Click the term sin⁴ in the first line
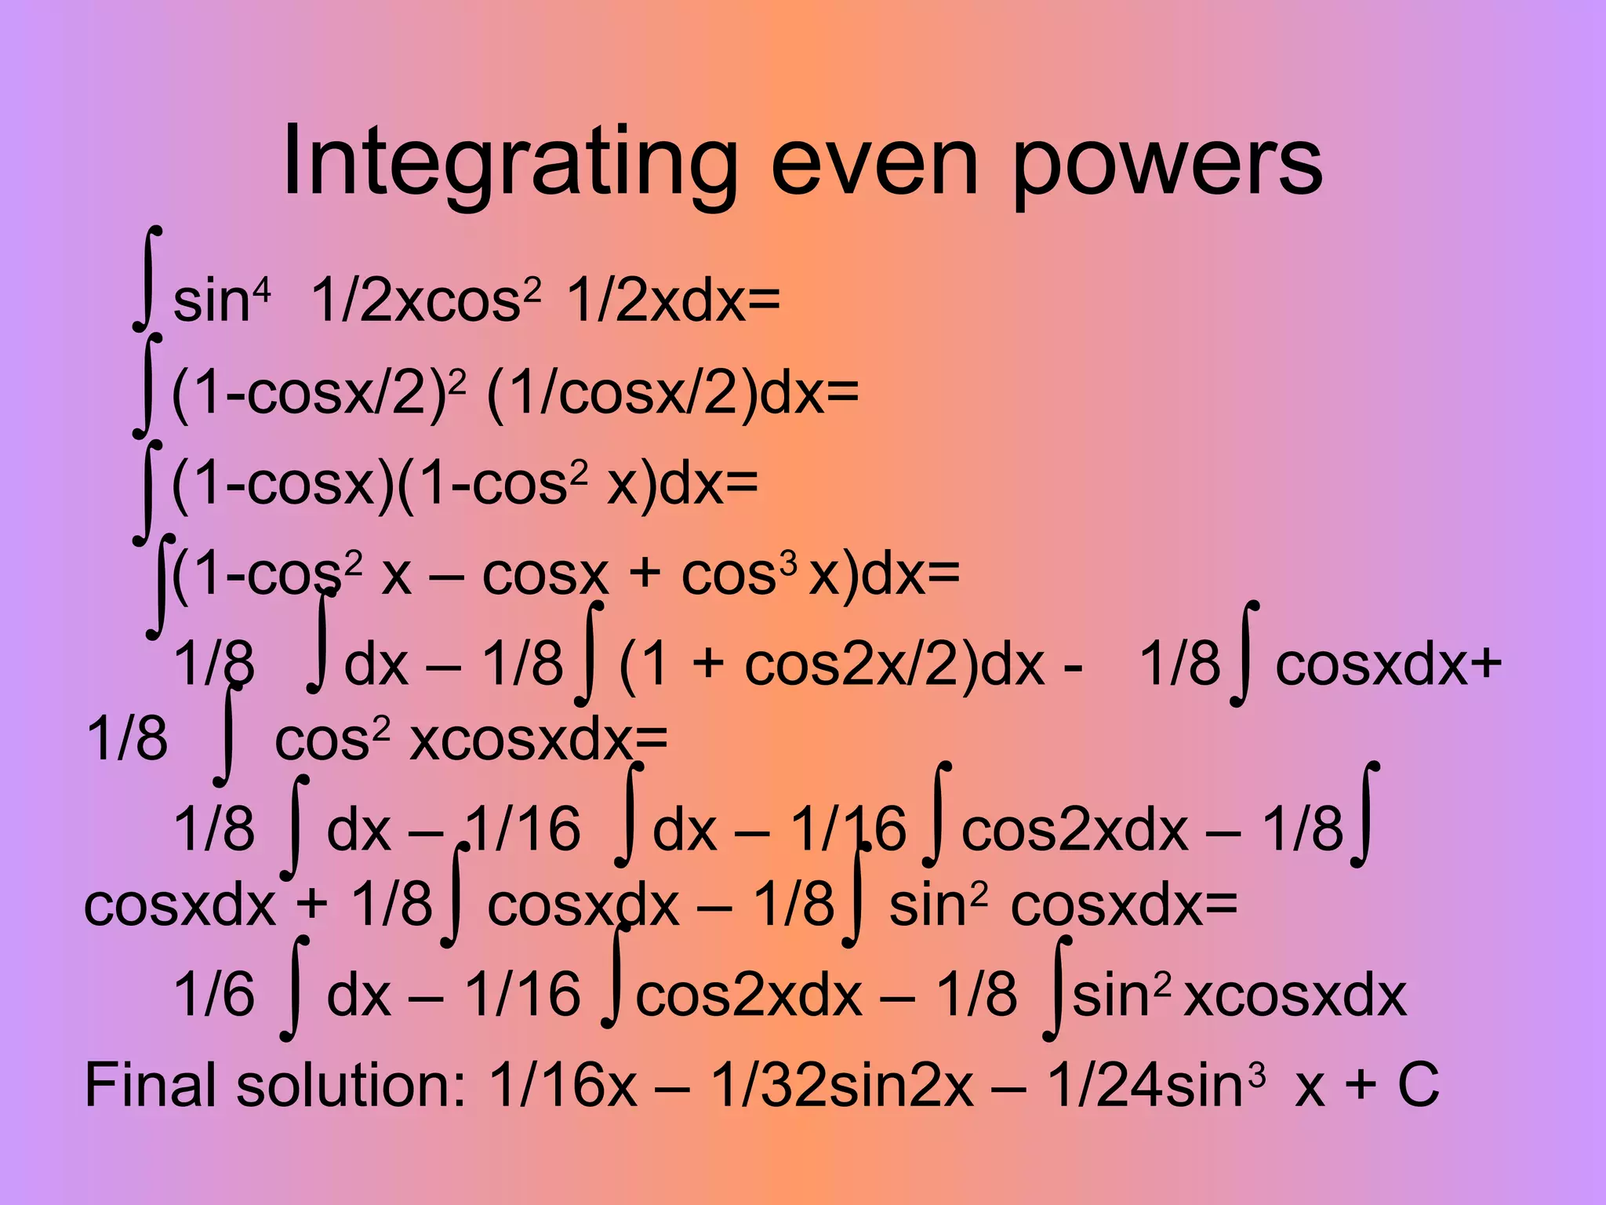[x=221, y=300]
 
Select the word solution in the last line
[x=351, y=1085]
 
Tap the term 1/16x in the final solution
[x=562, y=1085]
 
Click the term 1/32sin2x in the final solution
[x=842, y=1085]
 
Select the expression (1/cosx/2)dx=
[x=672, y=392]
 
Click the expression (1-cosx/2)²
[x=318, y=392]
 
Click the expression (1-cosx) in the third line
[x=282, y=483]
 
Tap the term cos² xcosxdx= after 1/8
[x=471, y=740]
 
